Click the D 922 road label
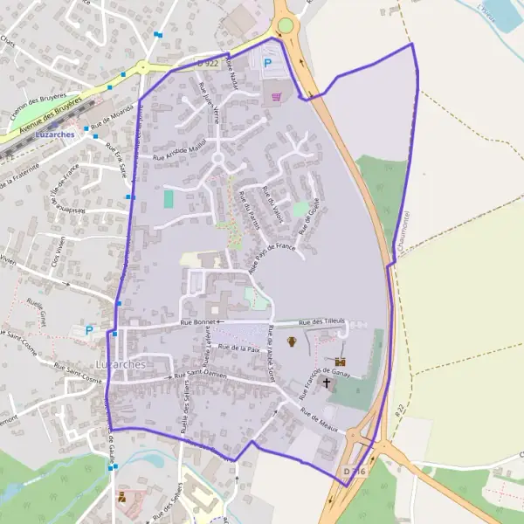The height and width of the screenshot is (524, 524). [207, 62]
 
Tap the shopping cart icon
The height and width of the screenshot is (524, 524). [278, 96]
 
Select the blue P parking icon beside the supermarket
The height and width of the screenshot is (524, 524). [267, 63]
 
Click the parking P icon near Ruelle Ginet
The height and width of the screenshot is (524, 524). [88, 331]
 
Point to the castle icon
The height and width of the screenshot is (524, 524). [340, 362]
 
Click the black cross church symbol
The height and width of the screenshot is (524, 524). [327, 383]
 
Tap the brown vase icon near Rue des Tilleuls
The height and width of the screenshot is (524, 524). [293, 341]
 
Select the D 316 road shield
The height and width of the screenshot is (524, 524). [353, 472]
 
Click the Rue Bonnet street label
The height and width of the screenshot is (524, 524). [197, 322]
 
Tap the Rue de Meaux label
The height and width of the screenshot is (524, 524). [319, 417]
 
